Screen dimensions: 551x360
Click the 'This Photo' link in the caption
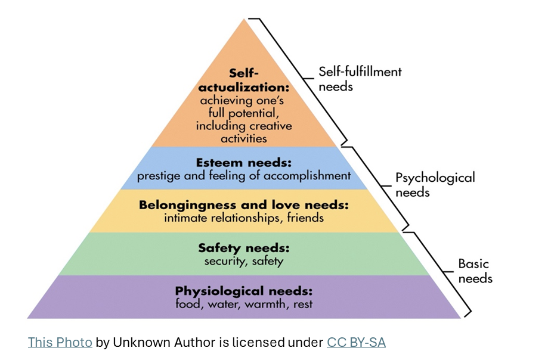[x=60, y=342]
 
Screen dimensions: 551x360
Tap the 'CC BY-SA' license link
[x=356, y=342]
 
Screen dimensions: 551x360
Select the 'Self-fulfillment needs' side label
[x=360, y=79]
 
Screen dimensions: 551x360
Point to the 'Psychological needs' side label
[x=435, y=184]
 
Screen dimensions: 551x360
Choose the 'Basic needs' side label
[x=475, y=271]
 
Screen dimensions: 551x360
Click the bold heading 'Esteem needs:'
[x=244, y=163]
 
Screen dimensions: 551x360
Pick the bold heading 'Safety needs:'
[x=244, y=248]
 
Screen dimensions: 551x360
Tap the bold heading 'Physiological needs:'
[x=243, y=291]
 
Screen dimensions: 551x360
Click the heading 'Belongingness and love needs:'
[x=244, y=205]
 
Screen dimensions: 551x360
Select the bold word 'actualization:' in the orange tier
[x=243, y=87]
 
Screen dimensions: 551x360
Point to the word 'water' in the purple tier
[x=224, y=304]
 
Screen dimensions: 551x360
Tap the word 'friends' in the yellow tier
[x=305, y=218]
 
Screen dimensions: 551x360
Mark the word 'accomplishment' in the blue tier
[x=307, y=176]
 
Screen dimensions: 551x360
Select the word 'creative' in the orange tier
[x=271, y=126]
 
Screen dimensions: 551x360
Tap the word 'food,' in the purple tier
[x=190, y=304]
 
